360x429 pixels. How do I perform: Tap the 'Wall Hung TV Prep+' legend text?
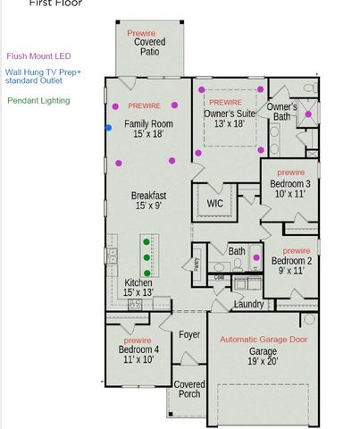click(42, 72)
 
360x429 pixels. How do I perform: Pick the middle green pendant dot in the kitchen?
click(147, 258)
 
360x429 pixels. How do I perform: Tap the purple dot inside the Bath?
click(257, 258)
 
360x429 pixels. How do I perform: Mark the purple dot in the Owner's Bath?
click(306, 114)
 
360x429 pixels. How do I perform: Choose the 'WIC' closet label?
click(215, 203)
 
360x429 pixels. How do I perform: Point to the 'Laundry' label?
click(247, 304)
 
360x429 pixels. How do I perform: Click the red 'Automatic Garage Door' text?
click(263, 340)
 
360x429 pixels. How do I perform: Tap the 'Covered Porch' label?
click(188, 389)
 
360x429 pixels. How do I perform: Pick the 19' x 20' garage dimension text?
click(263, 363)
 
